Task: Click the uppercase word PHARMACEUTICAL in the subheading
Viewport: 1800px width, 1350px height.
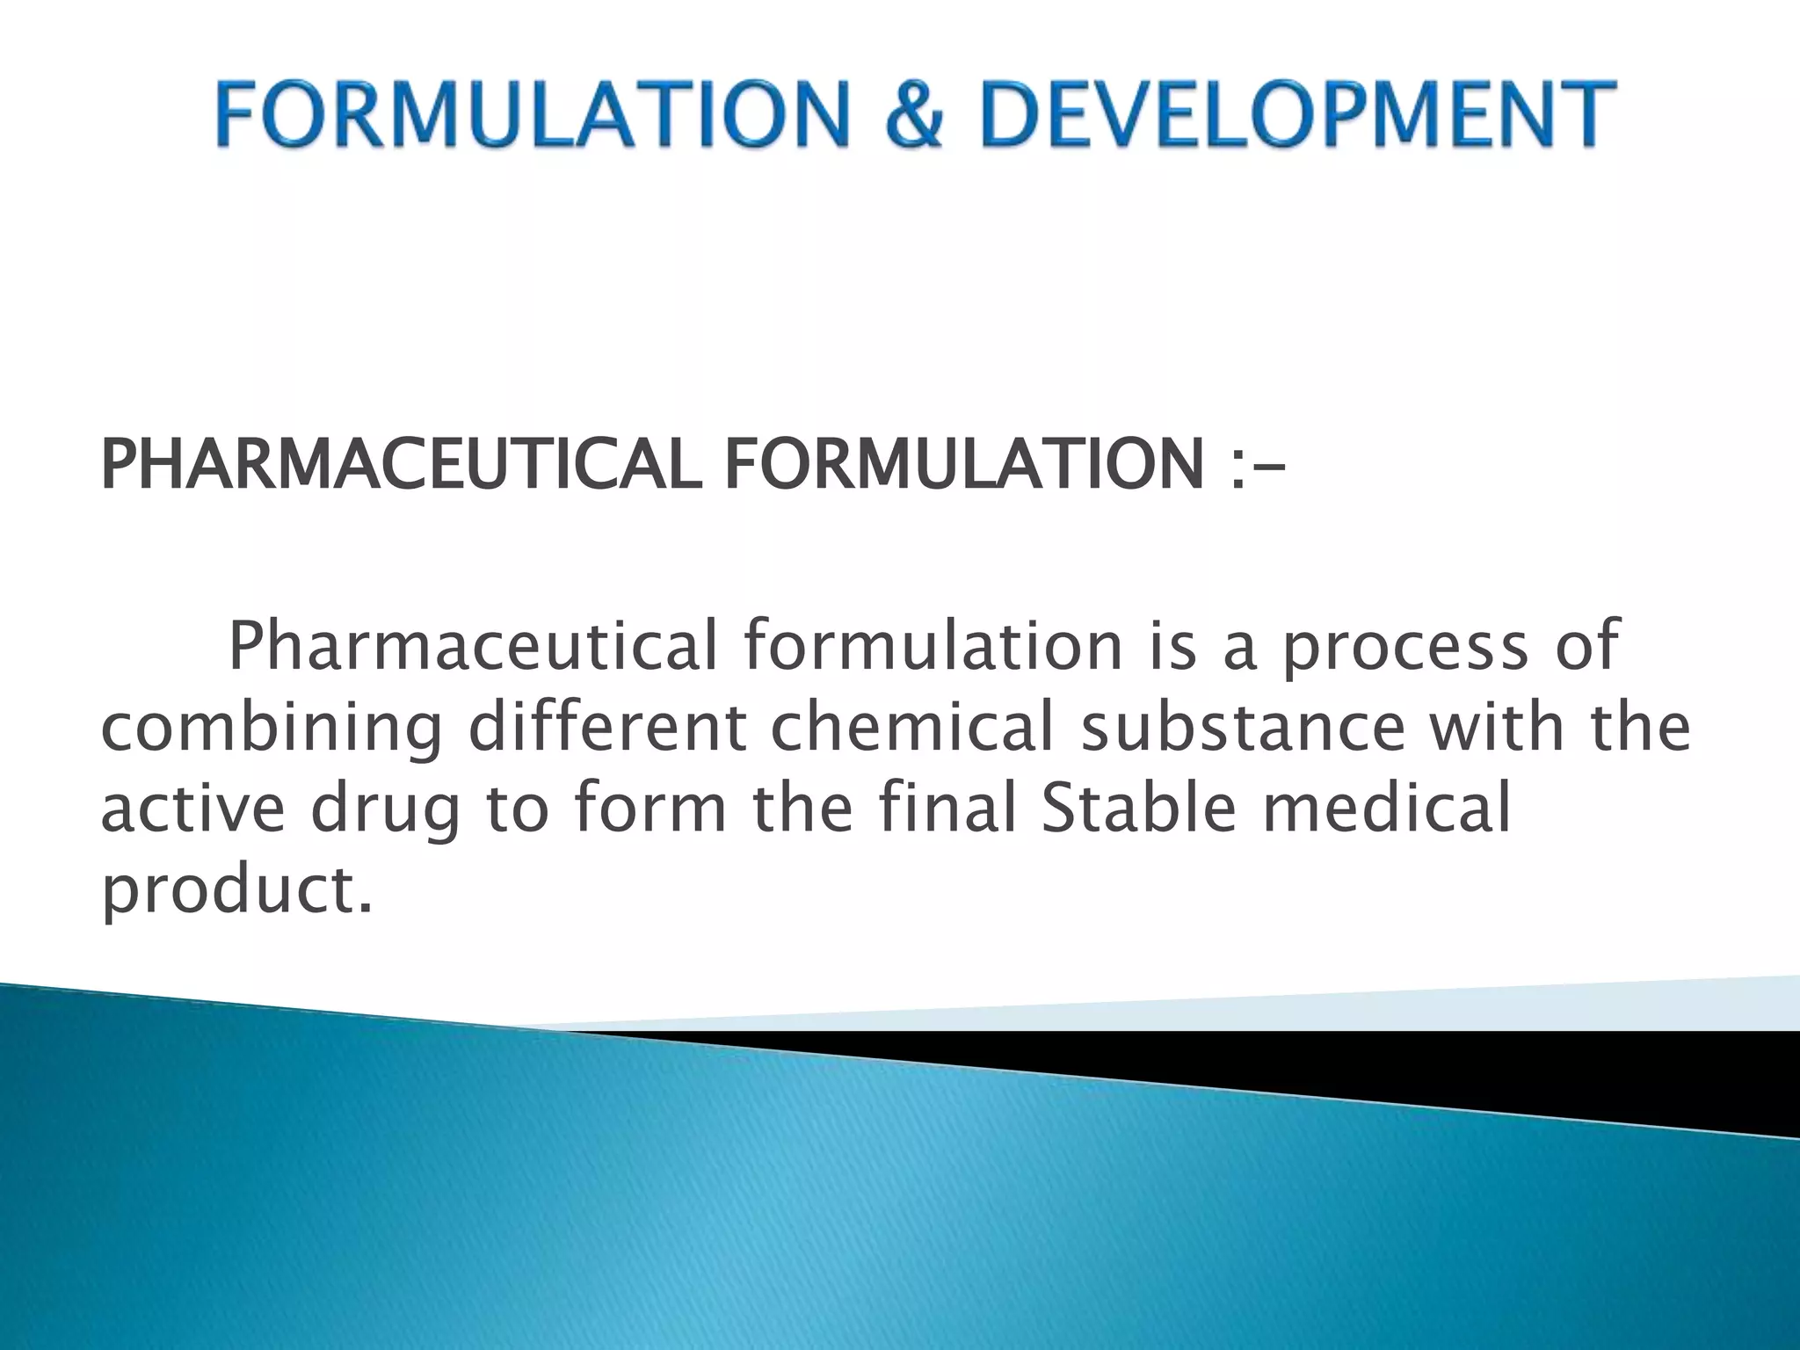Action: pyautogui.click(x=401, y=465)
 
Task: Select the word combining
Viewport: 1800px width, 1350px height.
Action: pyautogui.click(x=272, y=729)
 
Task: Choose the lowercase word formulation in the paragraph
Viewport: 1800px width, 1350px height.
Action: pyautogui.click(x=933, y=645)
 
